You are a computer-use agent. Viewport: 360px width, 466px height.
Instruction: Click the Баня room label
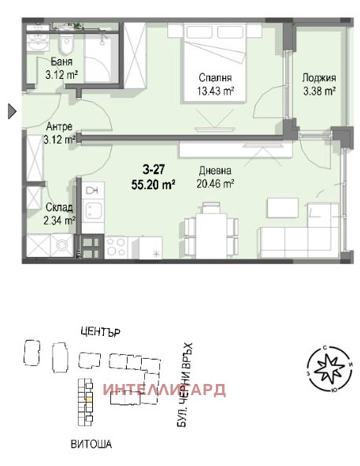coord(61,62)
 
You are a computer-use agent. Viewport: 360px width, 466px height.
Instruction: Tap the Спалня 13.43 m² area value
coord(216,91)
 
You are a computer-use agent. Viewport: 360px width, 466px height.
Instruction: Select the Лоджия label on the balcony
coord(319,78)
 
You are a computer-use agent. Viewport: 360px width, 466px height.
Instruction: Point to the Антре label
coord(59,127)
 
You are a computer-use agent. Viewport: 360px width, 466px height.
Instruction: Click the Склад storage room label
coord(59,207)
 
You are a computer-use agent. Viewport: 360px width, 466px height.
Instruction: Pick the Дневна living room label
coord(215,170)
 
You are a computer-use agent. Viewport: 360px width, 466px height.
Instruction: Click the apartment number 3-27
coord(154,170)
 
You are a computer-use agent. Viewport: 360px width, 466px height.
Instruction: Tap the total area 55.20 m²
coord(154,185)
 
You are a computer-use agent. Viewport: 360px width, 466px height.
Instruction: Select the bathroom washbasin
coord(38,43)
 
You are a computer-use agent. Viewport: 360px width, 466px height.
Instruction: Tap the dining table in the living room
coord(211,231)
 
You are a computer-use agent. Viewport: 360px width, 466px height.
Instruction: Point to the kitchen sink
coord(93,210)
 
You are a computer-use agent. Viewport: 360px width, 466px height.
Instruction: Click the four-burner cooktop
coord(116,247)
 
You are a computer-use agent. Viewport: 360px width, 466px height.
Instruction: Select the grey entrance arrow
coord(12,111)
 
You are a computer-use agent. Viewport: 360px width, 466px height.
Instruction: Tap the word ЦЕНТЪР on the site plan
coord(100,331)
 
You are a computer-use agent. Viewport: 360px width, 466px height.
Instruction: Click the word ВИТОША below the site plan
coord(91,444)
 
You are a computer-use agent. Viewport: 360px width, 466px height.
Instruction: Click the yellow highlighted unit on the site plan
coord(89,400)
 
